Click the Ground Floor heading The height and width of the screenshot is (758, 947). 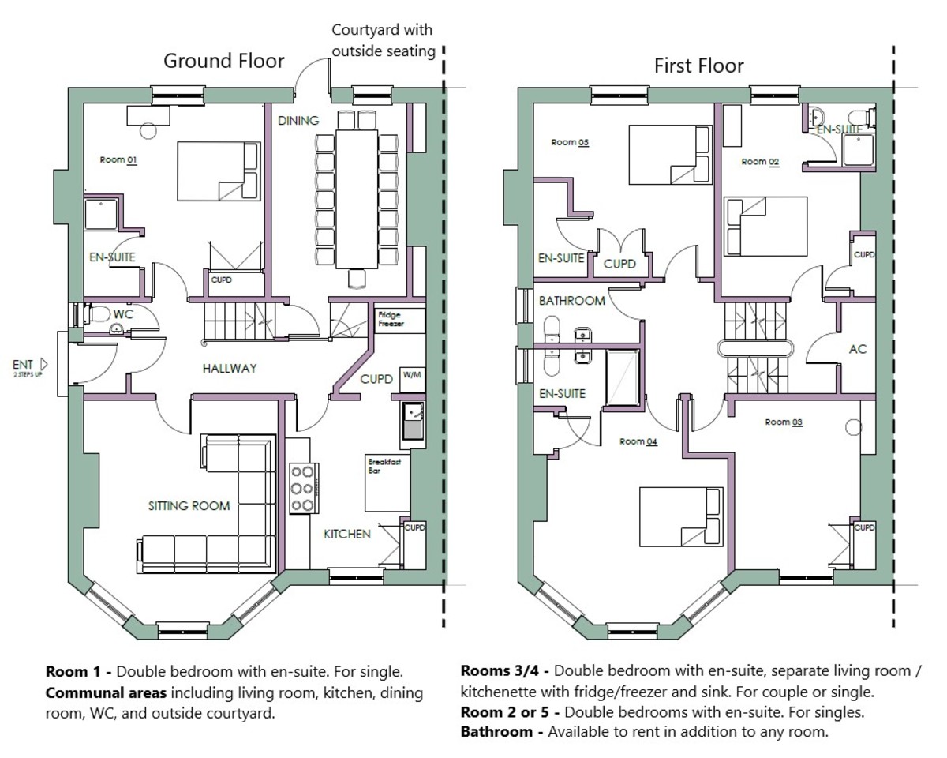pyautogui.click(x=223, y=62)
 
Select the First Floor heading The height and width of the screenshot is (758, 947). pyautogui.click(x=698, y=65)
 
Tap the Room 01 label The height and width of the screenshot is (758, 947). pyautogui.click(x=118, y=160)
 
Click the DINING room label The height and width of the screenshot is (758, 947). pyautogui.click(x=298, y=121)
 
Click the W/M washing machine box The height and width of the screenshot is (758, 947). pyautogui.click(x=412, y=375)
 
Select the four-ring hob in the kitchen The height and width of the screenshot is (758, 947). pyautogui.click(x=303, y=487)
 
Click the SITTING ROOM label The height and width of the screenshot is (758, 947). pyautogui.click(x=189, y=505)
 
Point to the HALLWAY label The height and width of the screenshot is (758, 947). pyautogui.click(x=229, y=368)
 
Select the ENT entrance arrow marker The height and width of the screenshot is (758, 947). pyautogui.click(x=43, y=364)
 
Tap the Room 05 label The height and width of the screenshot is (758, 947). pyautogui.click(x=570, y=143)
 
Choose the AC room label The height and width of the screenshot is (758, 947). pyautogui.click(x=858, y=348)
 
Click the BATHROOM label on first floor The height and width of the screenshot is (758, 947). pyautogui.click(x=572, y=301)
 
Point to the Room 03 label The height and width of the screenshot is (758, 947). pyautogui.click(x=784, y=422)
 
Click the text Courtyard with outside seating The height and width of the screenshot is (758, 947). pyautogui.click(x=383, y=41)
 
